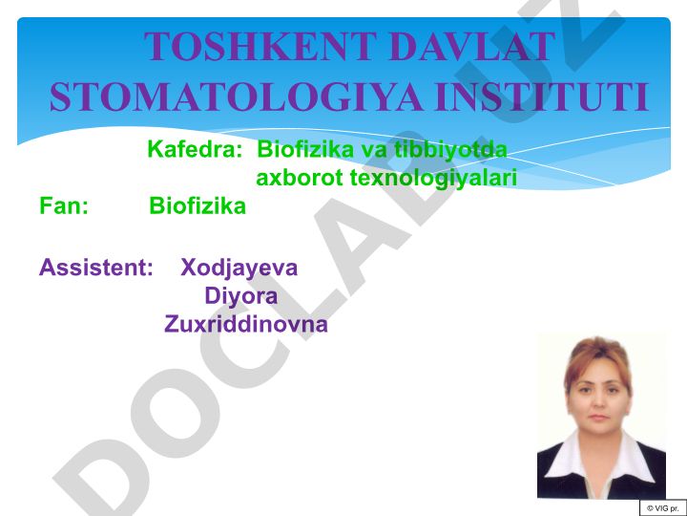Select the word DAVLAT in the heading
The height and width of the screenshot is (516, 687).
pyautogui.click(x=468, y=46)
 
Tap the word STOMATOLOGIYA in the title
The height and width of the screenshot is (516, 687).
pyautogui.click(x=236, y=97)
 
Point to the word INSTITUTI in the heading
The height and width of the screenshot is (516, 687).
pyautogui.click(x=542, y=97)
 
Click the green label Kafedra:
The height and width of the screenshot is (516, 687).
pyautogui.click(x=195, y=149)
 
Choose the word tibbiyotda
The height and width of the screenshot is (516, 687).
pyautogui.click(x=450, y=149)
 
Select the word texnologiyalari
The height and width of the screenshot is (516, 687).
pyautogui.click(x=434, y=179)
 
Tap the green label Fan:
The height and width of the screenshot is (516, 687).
pyautogui.click(x=64, y=205)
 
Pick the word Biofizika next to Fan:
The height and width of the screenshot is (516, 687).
pyautogui.click(x=198, y=205)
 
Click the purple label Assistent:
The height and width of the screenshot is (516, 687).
pyautogui.click(x=96, y=268)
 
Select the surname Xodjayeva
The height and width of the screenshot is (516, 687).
pyautogui.click(x=239, y=269)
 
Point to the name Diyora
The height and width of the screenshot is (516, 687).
pyautogui.click(x=241, y=296)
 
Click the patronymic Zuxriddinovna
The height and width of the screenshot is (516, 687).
pyautogui.click(x=246, y=325)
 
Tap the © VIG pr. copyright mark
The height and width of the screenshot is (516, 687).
pyautogui.click(x=663, y=508)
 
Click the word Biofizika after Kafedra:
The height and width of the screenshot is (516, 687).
pyautogui.click(x=305, y=149)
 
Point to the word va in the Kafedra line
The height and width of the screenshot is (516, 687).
pyautogui.click(x=374, y=151)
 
